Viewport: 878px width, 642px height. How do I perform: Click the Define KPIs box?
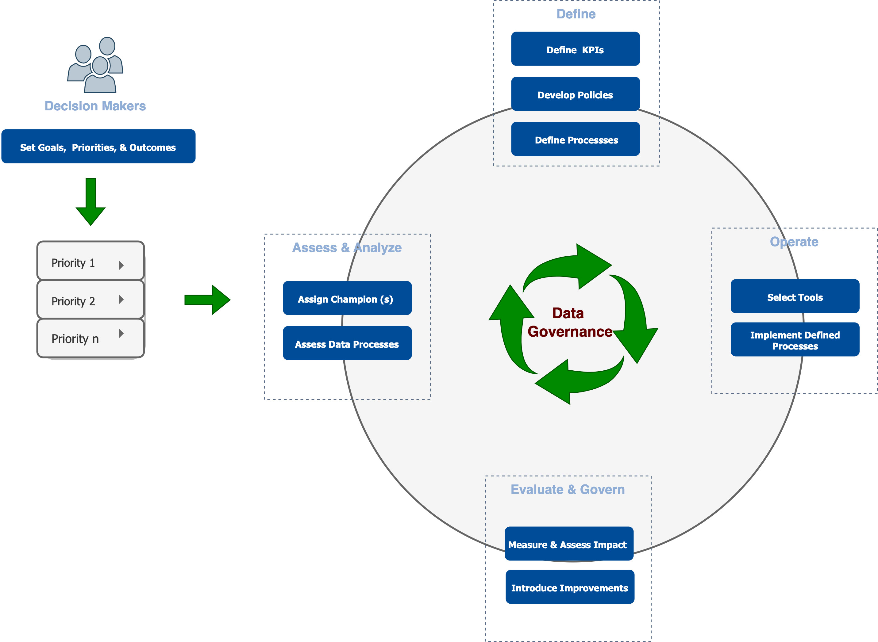(575, 49)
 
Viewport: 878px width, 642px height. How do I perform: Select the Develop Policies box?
(575, 94)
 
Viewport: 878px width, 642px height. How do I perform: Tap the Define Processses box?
(575, 139)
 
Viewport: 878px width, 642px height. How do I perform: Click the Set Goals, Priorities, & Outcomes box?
(98, 147)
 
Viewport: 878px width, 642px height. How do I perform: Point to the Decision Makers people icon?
(96, 65)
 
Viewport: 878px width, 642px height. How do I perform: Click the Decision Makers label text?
(95, 106)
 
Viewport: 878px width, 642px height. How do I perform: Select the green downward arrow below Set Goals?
(90, 202)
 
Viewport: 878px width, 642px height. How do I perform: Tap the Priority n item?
(90, 338)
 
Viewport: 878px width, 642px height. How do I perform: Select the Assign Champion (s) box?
(347, 298)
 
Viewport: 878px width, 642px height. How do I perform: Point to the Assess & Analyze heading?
(347, 247)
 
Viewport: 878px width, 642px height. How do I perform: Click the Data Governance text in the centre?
(569, 323)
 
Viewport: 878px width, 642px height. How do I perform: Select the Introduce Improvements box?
(569, 587)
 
